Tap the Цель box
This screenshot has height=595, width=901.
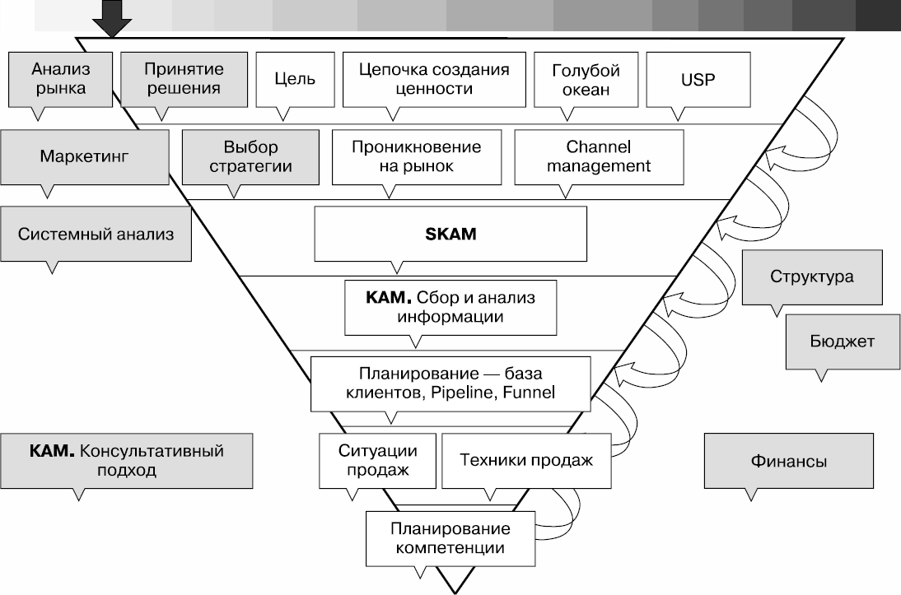click(294, 79)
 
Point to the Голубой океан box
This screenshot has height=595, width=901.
click(586, 79)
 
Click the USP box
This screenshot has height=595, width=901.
click(698, 79)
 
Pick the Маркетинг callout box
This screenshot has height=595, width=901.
click(85, 156)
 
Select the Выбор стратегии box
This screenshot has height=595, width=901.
click(250, 156)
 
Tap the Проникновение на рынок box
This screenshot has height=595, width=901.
click(415, 156)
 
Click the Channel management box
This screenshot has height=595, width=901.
click(598, 156)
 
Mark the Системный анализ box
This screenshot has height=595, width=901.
click(96, 234)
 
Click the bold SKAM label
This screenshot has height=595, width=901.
click(450, 233)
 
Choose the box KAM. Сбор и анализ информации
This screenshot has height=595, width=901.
click(449, 306)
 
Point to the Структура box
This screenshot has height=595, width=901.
click(812, 277)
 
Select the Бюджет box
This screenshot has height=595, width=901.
click(841, 341)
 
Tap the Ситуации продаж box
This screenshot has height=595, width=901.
click(376, 460)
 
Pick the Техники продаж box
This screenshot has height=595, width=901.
click(526, 460)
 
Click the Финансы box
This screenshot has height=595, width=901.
click(789, 462)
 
